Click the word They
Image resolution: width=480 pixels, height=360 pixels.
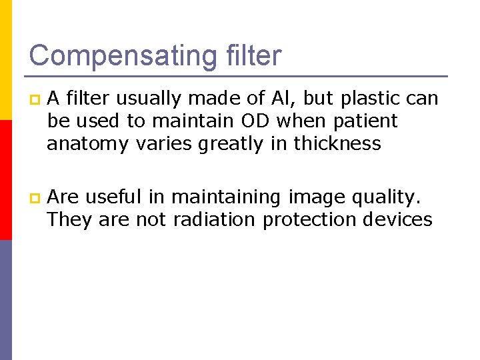click(x=70, y=220)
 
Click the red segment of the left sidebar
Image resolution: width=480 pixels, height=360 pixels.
click(x=5, y=180)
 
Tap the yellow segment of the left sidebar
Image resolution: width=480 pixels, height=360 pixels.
click(x=5, y=60)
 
